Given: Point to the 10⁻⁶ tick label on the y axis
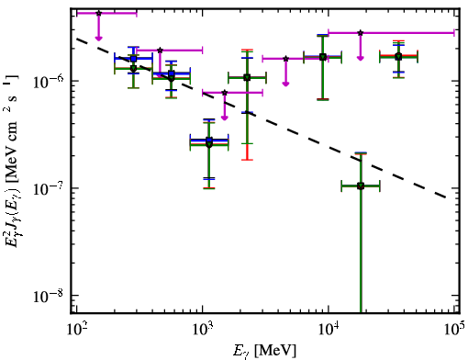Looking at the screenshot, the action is coord(48,81).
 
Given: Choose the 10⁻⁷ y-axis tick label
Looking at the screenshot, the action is coord(48,188).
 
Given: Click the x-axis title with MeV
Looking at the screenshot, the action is coord(264,351).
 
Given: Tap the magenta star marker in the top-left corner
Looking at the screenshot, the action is coord(98,13).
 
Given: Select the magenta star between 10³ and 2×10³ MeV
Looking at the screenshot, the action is coord(225,93).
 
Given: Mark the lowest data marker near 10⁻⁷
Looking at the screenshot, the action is coord(361,186).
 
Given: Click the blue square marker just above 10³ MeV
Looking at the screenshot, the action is coord(209,141).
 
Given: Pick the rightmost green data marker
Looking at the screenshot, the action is coord(398,57).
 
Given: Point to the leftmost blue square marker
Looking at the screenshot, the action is coord(133,59).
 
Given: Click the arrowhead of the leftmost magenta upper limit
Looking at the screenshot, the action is coord(98,38).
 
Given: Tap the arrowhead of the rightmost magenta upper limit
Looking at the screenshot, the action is coord(361,58).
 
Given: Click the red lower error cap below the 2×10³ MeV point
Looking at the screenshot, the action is coord(247,160).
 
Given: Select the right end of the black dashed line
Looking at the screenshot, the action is coord(447,197).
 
